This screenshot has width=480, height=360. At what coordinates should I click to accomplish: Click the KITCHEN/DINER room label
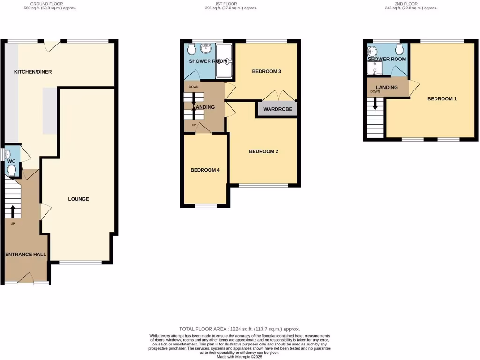coord(33,72)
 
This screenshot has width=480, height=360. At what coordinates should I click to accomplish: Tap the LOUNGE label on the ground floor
coord(78,199)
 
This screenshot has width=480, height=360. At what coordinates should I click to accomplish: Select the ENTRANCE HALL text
coord(26,254)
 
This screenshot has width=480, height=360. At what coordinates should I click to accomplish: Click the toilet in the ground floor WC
coord(12,170)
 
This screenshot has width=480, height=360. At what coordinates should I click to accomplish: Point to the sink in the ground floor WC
coord(9,154)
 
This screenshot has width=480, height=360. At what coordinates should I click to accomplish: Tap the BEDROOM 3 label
coord(266,72)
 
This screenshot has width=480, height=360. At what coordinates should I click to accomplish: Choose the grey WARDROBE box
coord(277,109)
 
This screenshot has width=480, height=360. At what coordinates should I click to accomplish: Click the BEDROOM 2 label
coord(263,151)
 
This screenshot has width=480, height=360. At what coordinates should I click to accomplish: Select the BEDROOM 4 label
coord(205,170)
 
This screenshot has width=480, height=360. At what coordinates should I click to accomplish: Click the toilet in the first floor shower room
coord(191,49)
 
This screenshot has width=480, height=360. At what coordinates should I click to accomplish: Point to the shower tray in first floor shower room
coord(224,61)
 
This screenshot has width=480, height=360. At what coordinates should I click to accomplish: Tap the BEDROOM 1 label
coord(442,99)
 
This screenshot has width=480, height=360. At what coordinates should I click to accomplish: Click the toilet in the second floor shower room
coord(399,49)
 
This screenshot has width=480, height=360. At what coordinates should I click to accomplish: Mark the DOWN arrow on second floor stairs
coord(375,104)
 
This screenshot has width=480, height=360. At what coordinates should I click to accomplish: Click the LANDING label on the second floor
coord(387,87)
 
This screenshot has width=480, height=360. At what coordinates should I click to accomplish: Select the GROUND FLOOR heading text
coord(50,4)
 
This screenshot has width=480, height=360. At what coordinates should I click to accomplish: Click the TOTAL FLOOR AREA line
coord(240,329)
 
